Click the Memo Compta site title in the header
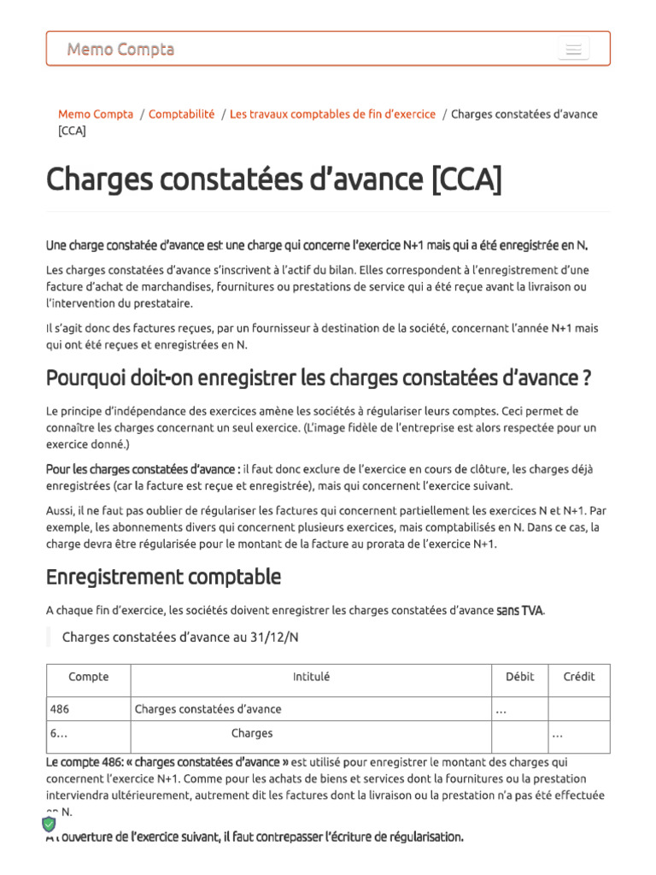coord(120,50)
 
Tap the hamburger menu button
coord(573,50)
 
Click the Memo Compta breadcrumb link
coord(96,115)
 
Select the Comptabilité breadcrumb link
coord(182,115)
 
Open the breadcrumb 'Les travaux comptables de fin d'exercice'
coord(332,115)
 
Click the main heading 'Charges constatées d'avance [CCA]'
coord(274,179)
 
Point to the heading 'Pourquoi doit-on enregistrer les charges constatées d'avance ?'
coord(319,378)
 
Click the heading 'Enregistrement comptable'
coord(163,577)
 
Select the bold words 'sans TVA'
coord(519,611)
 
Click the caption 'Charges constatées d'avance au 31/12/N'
coord(180,637)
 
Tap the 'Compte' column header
coord(89,677)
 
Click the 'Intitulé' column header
coord(311,677)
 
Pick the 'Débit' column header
coord(519,677)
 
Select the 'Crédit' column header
coord(579,677)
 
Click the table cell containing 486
coord(60,709)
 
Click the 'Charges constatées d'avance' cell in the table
coord(208,709)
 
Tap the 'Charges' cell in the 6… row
coord(252,733)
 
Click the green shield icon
coord(49,824)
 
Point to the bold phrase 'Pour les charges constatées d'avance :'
coord(143,469)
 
